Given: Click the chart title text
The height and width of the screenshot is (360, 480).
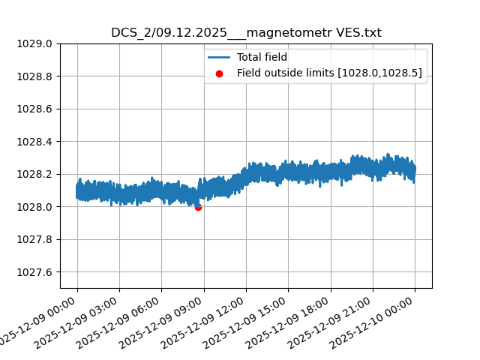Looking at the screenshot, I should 246,33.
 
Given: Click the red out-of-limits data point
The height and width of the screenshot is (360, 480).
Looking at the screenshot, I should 198,207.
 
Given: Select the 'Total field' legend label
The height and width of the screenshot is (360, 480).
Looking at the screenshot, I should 262,57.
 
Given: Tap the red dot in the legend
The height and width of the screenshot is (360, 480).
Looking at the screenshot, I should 219,73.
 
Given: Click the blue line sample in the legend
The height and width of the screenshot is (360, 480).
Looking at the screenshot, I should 219,57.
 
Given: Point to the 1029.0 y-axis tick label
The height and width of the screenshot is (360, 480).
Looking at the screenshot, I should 36,43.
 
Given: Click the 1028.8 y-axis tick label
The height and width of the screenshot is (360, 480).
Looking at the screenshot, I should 36,76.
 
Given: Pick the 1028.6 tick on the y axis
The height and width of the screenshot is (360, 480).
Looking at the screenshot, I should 36,109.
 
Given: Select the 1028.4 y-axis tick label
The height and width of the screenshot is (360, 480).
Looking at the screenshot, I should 36,142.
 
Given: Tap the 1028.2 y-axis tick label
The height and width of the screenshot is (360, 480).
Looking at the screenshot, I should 36,174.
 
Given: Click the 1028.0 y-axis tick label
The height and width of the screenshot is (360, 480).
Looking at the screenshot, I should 36,207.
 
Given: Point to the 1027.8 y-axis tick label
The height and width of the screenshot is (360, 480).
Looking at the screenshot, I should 36,239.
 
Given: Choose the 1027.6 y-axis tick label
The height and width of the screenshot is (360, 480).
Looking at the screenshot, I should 36,272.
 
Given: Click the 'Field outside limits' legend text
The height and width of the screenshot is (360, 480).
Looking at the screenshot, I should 329,73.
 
